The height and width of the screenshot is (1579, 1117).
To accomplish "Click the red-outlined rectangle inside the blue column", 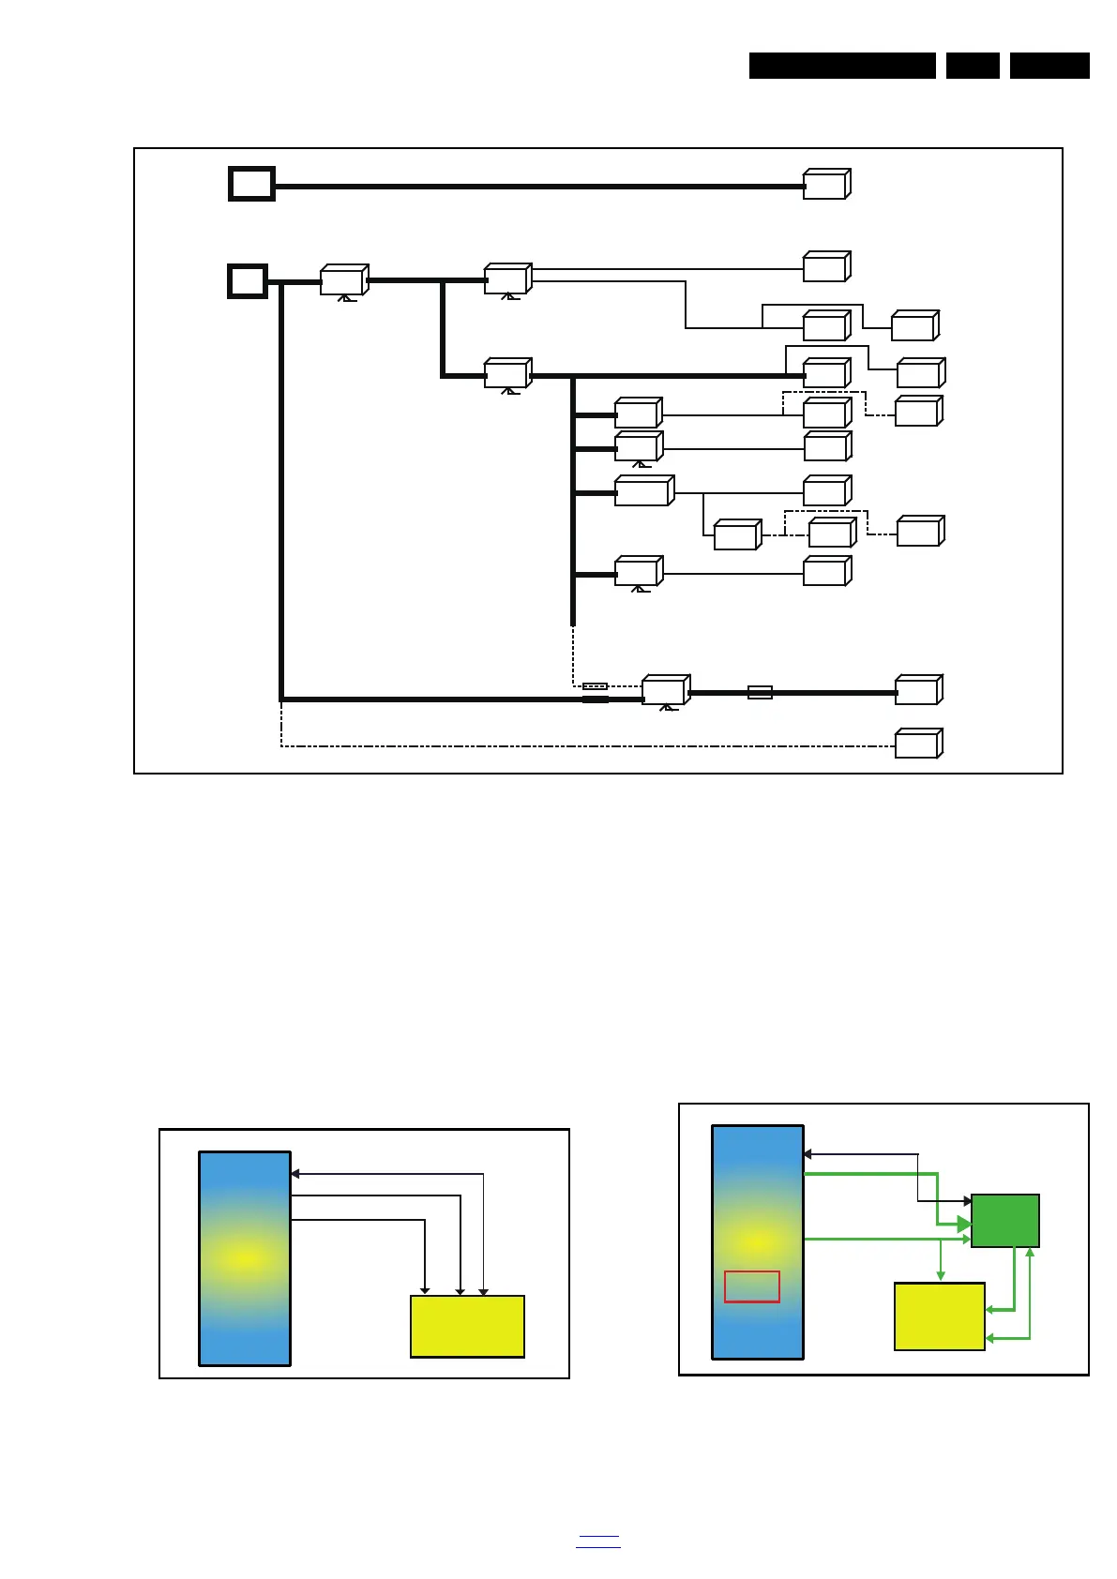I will tap(751, 1286).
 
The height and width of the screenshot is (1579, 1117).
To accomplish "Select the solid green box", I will tap(1004, 1221).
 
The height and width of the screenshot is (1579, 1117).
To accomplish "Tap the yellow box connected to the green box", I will tap(939, 1316).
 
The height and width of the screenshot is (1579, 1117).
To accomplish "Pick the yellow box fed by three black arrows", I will tap(467, 1327).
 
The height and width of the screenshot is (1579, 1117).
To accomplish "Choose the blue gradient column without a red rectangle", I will tap(245, 1258).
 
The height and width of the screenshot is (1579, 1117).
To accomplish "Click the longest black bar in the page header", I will tap(842, 66).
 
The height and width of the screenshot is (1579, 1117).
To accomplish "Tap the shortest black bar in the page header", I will tap(973, 66).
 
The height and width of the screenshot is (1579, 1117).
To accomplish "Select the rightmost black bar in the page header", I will tap(1049, 66).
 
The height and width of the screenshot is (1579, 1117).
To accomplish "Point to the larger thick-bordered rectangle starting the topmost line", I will tap(251, 184).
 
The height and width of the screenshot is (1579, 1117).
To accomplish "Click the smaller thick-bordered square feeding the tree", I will tap(248, 281).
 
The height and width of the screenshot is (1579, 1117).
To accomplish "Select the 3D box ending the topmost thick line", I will tap(825, 185).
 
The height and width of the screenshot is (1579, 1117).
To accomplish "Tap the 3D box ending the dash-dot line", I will tap(917, 744).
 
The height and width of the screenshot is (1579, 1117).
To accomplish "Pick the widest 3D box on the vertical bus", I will tap(643, 492).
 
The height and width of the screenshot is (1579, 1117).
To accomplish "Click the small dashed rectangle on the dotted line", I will tap(595, 686).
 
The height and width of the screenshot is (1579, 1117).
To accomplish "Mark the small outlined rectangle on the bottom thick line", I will tap(760, 693).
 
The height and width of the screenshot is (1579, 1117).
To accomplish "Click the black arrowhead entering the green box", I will tap(967, 1201).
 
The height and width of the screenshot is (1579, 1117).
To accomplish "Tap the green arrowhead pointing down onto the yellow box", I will tap(941, 1276).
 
